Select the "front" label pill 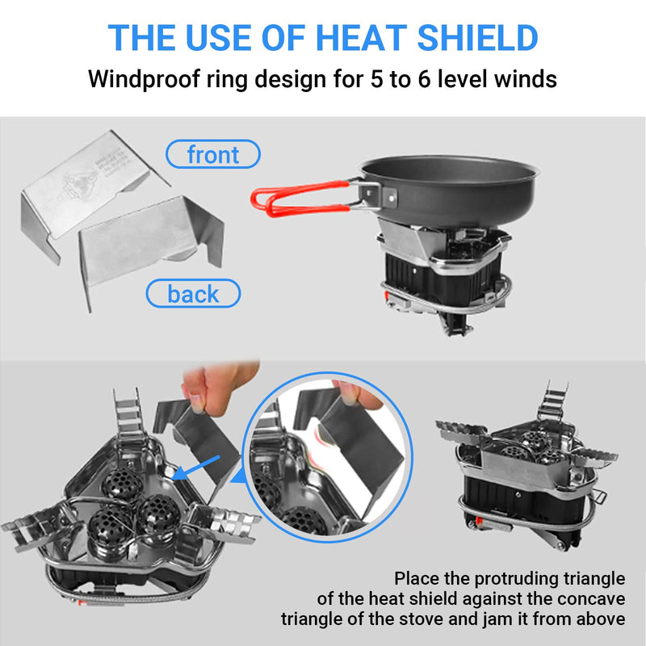coord(213,153)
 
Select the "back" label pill coord(193,294)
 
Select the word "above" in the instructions coord(600,619)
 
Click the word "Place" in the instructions coord(417,579)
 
